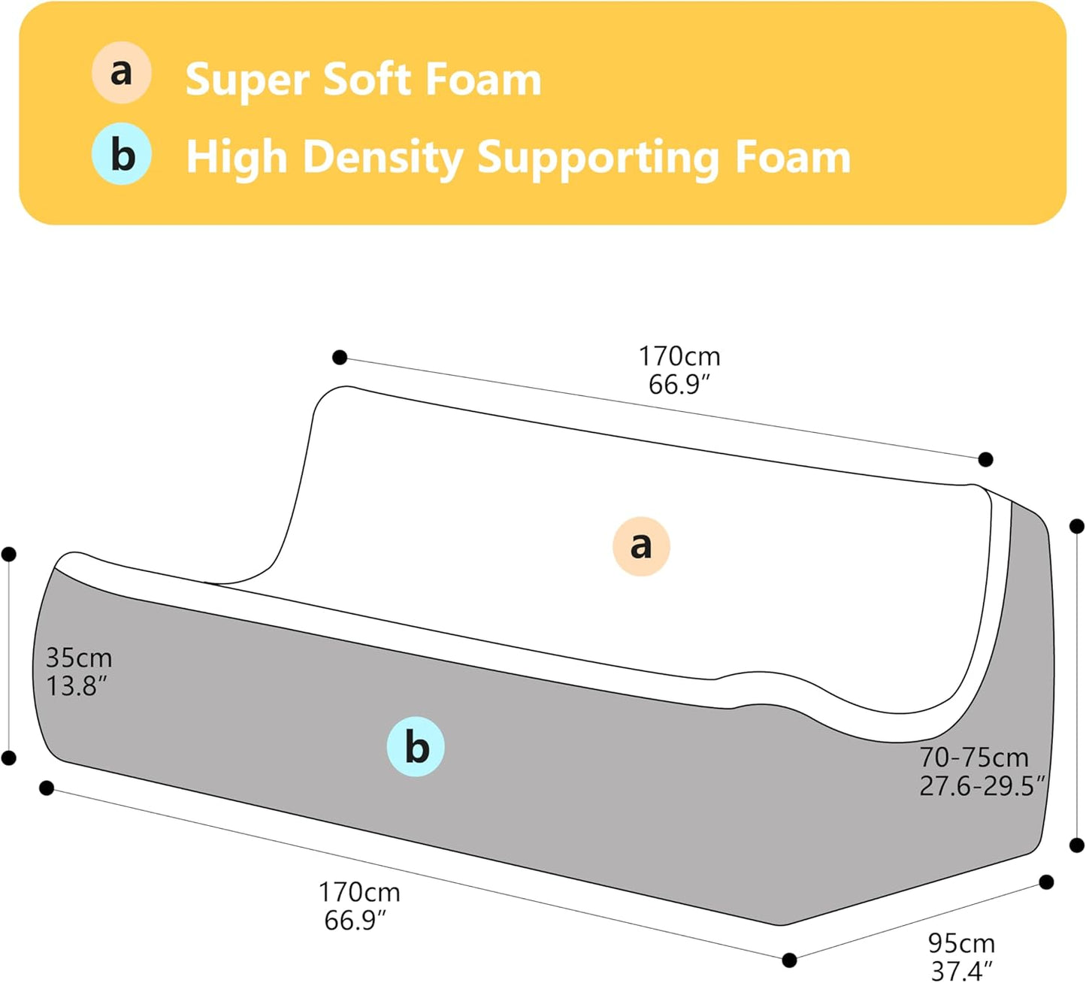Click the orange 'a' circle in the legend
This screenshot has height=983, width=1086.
[121, 73]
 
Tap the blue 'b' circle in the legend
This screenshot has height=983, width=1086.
[121, 154]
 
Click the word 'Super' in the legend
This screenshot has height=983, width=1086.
[247, 81]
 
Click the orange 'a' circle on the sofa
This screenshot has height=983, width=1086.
[641, 546]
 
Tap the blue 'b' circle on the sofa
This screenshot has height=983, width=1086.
[416, 747]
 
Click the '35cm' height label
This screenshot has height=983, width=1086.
[79, 658]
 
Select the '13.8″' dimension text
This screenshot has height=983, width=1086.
[77, 686]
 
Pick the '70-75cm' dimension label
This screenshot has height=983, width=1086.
[974, 757]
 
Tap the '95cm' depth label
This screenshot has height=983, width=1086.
[961, 943]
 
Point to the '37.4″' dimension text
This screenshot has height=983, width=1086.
[962, 971]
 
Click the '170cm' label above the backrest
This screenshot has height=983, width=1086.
[679, 356]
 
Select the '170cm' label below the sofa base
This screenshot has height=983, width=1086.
[359, 892]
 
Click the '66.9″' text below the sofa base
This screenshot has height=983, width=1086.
[355, 920]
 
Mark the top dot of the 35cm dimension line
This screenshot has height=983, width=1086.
[9, 554]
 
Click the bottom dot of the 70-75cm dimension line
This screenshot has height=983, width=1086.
[1077, 845]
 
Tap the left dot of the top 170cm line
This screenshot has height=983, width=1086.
[340, 358]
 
